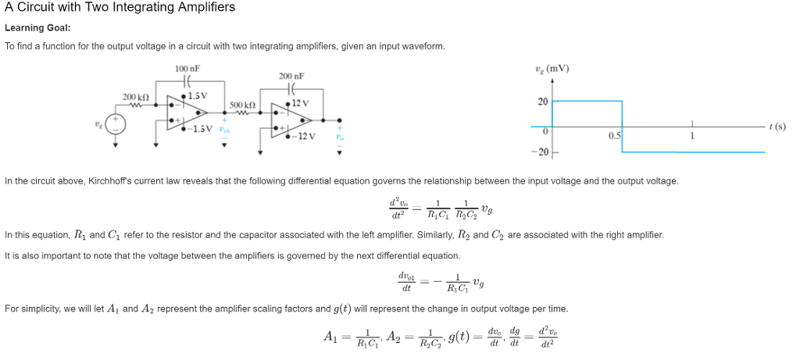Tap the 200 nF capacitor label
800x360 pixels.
(x=291, y=77)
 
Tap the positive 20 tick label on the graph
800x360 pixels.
(x=543, y=102)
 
